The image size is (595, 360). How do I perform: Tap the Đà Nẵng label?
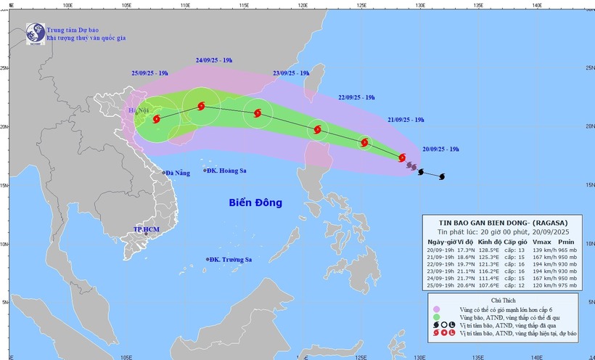(x=178, y=173)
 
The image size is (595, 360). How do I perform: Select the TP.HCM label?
(x=146, y=229)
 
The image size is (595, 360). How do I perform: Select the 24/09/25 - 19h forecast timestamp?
(x=214, y=60)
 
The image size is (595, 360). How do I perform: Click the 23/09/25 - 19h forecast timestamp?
(x=291, y=74)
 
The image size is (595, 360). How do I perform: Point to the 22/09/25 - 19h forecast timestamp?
(x=357, y=97)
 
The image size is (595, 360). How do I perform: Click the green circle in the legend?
(x=436, y=317)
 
